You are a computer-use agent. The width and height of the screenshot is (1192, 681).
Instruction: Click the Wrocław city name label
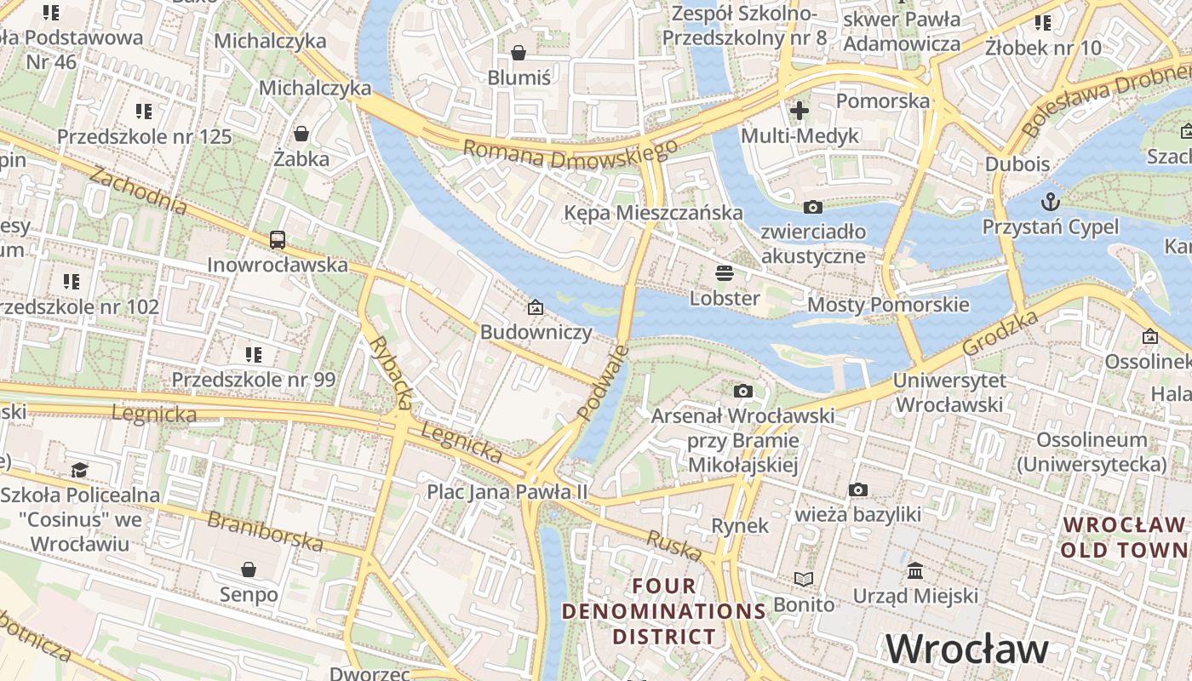(x=967, y=649)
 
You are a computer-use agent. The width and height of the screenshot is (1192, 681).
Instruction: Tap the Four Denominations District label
(x=664, y=611)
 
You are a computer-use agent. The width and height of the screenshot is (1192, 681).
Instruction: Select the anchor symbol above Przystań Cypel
(x=1051, y=202)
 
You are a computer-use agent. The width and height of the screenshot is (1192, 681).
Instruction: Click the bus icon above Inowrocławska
(x=278, y=240)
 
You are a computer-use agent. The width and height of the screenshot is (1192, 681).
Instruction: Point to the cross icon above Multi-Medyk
(x=799, y=110)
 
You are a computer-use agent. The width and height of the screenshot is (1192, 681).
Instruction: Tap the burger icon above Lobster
(x=725, y=273)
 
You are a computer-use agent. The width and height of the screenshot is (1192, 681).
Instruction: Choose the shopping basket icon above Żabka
(x=301, y=134)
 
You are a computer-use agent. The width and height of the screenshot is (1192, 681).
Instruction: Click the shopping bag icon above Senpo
(x=249, y=569)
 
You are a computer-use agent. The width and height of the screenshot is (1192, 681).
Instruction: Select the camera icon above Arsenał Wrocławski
(x=743, y=391)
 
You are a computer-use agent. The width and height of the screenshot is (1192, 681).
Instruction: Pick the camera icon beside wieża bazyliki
(x=858, y=489)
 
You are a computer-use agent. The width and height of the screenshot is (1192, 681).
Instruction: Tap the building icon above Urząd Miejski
(x=915, y=570)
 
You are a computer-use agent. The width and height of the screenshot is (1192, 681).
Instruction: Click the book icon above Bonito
(x=804, y=580)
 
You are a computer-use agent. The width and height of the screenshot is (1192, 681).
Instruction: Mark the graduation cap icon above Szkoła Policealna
(x=79, y=470)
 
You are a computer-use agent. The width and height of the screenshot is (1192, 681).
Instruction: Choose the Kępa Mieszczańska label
(x=654, y=212)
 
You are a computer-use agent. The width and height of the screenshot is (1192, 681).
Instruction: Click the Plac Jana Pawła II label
(x=507, y=491)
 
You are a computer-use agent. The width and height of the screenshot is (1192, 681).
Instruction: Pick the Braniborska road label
(x=265, y=531)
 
